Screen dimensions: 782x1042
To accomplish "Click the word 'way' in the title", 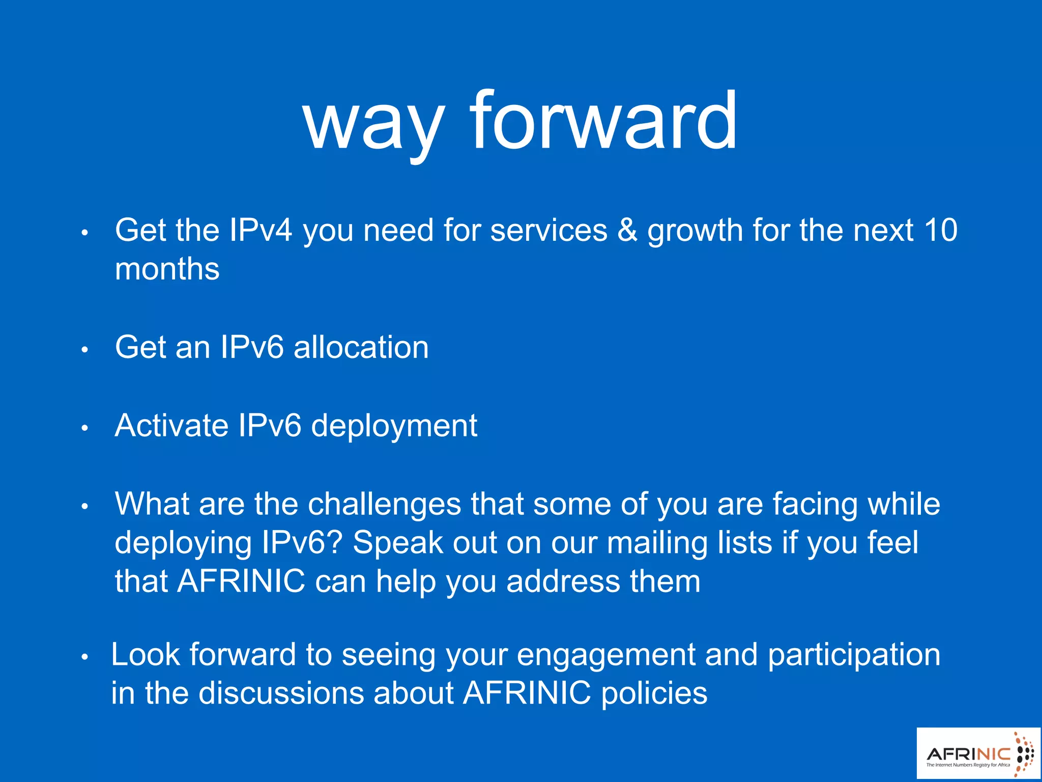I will tap(374, 122).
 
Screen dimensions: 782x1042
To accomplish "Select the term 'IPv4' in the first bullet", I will tap(260, 230).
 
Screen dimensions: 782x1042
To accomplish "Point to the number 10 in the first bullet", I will tap(941, 230).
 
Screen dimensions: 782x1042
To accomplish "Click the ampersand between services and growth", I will tap(627, 230).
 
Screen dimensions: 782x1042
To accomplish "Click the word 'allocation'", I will tap(361, 347).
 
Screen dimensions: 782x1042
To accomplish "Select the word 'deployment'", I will tap(394, 426).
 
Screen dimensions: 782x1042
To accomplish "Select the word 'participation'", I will tap(854, 655).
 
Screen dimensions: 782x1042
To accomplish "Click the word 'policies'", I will tap(654, 694).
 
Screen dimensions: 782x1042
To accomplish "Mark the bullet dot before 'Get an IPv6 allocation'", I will tap(85, 350).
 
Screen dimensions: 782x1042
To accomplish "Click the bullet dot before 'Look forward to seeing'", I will tap(85, 657).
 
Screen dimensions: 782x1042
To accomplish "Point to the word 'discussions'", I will tap(281, 693).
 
